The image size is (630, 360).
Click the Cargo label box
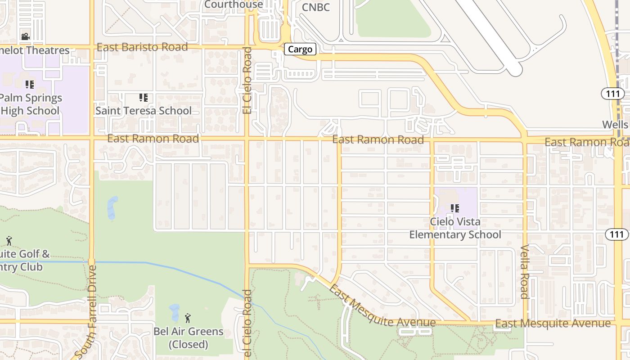300,49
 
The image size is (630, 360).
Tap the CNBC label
315,7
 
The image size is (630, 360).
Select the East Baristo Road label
142,47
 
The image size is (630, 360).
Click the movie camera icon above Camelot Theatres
25,36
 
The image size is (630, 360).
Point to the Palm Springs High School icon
30,84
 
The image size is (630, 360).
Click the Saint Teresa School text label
144,111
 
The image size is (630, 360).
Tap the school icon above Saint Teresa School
144,97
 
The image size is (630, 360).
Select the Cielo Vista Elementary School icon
455,208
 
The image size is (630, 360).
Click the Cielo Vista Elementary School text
455,228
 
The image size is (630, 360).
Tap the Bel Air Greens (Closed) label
189,338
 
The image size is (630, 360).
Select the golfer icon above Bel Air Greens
188,318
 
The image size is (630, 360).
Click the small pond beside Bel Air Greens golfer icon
174,312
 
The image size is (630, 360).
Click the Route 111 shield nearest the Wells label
613,94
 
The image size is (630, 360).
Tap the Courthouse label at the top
234,4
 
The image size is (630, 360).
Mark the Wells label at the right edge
615,124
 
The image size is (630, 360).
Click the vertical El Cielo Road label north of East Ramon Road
247,80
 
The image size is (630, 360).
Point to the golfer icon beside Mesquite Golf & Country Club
9,241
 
